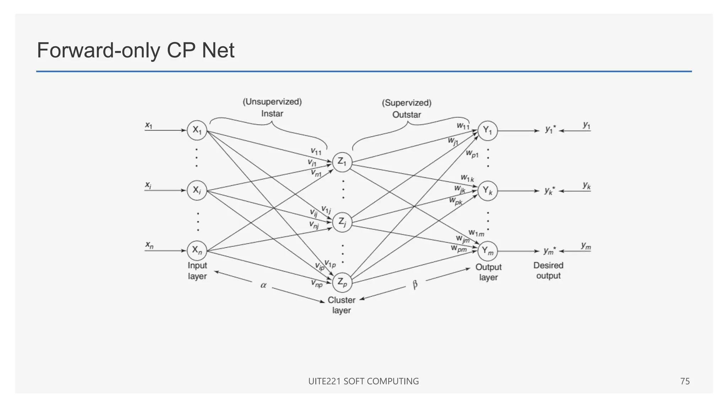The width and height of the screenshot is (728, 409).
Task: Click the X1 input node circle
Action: click(x=197, y=130)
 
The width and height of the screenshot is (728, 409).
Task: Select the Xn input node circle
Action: click(x=197, y=250)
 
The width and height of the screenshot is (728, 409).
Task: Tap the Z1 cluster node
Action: click(x=342, y=162)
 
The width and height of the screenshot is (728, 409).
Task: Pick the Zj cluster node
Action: click(x=342, y=222)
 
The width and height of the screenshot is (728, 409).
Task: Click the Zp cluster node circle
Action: click(x=342, y=283)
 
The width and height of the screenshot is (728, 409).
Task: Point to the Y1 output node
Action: click(x=487, y=131)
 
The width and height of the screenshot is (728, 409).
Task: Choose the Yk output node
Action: click(x=487, y=191)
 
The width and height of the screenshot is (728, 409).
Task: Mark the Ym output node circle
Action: click(x=487, y=251)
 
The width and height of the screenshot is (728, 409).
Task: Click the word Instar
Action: click(x=272, y=114)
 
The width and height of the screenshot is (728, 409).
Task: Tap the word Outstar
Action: click(x=406, y=115)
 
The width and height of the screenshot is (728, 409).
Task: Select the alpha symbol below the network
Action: click(x=263, y=285)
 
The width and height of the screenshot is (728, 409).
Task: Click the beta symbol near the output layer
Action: click(x=415, y=285)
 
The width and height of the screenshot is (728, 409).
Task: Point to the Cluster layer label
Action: click(x=341, y=305)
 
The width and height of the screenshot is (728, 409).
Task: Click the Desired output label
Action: click(x=548, y=271)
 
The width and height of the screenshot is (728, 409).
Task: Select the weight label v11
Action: click(x=316, y=152)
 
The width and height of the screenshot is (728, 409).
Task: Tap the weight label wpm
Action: click(x=459, y=249)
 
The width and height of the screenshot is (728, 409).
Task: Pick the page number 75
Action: click(x=685, y=381)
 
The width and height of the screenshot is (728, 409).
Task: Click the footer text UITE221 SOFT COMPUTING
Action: click(x=363, y=381)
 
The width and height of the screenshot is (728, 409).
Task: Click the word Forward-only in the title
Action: click(x=98, y=50)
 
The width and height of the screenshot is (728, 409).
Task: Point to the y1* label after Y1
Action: click(x=550, y=130)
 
